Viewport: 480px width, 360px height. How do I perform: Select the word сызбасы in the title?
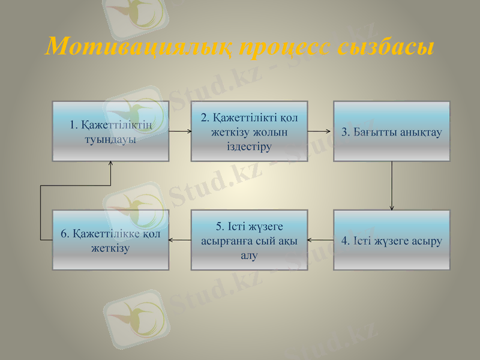[x=386, y=47]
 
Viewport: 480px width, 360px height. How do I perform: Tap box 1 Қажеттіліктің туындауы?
[x=110, y=131]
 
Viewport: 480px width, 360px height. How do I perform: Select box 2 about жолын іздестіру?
[x=249, y=131]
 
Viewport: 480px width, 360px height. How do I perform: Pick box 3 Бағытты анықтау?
[x=391, y=131]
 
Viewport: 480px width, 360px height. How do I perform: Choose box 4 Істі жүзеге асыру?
[x=391, y=240]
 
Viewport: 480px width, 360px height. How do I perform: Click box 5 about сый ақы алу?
[x=249, y=240]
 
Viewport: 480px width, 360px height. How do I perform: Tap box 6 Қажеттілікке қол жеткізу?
[x=110, y=240]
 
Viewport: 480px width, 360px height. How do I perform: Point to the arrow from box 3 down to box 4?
[x=392, y=186]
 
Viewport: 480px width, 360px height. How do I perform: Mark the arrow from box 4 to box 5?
[x=320, y=240]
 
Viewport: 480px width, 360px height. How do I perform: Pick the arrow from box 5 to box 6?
[x=180, y=240]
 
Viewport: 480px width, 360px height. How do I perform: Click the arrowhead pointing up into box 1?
[x=111, y=164]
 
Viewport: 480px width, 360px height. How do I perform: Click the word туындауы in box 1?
[x=110, y=139]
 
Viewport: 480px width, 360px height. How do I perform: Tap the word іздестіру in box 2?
[x=250, y=146]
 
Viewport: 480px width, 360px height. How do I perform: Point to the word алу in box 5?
[x=250, y=255]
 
